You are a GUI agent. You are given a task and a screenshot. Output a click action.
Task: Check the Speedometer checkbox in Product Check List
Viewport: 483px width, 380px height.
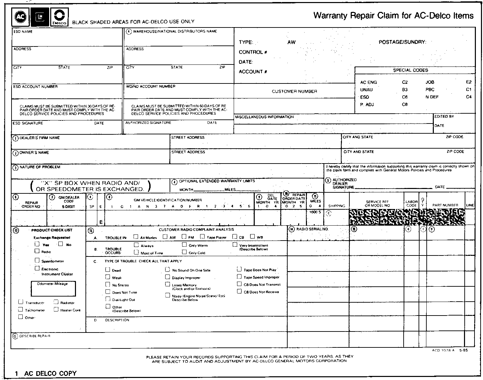37,261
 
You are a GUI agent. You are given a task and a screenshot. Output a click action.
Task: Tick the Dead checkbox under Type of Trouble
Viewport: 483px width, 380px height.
108,270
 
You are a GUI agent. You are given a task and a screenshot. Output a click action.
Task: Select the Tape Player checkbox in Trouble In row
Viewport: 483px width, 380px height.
202,237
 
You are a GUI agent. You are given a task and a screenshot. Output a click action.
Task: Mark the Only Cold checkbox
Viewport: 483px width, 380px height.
184,252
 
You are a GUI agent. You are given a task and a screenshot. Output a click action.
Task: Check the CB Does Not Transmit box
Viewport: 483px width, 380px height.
239,284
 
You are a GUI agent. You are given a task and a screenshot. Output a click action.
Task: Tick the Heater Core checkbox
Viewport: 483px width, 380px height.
56,309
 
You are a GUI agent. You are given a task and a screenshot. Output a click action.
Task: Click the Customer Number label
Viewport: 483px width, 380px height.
294,91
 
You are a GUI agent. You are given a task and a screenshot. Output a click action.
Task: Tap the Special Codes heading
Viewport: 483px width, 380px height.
410,70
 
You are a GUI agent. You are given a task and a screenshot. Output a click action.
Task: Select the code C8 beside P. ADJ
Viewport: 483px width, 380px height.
405,104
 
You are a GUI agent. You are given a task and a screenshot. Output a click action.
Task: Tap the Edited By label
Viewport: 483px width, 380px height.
444,116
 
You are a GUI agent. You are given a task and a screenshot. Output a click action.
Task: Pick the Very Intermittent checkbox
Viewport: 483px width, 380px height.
235,245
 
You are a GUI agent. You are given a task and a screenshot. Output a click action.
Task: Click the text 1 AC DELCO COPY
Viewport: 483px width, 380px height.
46,374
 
